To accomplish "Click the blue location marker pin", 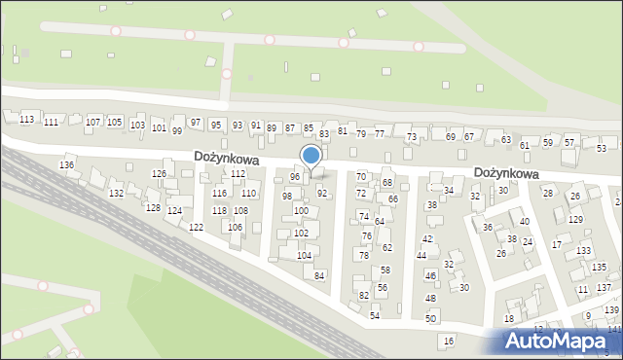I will click(311, 156).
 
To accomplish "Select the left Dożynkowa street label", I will click(226, 156).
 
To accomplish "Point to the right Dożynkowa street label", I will click(506, 172).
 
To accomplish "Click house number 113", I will click(27, 119).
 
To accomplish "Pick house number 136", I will click(66, 165).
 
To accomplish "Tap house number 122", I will click(197, 227).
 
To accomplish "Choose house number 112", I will click(238, 174).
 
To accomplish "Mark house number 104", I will click(304, 256).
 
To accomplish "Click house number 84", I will click(319, 275).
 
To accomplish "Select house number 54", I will click(375, 316).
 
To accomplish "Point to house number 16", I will click(449, 341).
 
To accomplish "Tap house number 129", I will click(575, 220).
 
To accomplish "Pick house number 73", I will click(412, 137).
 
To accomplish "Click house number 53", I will click(602, 148).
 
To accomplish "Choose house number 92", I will click(322, 194).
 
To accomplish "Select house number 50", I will click(430, 318).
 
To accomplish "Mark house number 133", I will click(583, 251).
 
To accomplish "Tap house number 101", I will click(159, 127).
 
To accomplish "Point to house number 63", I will click(506, 140).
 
